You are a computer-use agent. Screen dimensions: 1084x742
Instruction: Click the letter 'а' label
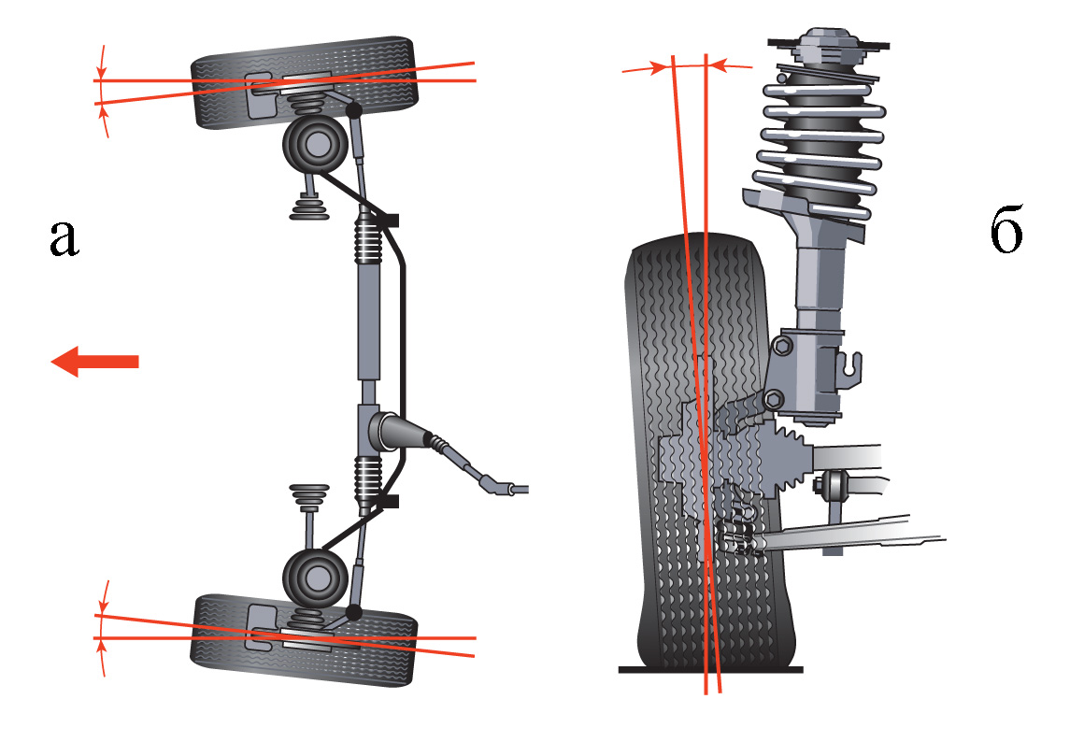[x=64, y=238]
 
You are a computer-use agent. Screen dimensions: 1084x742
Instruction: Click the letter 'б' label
[x=1006, y=229]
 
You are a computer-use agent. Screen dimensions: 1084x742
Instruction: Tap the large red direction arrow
[x=94, y=362]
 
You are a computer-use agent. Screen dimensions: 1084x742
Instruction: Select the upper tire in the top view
[x=305, y=82]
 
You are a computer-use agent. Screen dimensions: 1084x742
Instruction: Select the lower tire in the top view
[x=305, y=639]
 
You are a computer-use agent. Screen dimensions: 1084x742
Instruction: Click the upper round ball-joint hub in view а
[x=315, y=145]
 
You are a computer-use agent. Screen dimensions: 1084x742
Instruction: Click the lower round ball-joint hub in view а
[x=315, y=578]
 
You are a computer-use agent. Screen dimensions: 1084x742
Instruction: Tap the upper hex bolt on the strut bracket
[x=782, y=345]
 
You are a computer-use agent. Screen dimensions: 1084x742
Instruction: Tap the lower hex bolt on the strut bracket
[x=775, y=399]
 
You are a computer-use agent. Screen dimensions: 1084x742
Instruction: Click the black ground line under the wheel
[x=711, y=669]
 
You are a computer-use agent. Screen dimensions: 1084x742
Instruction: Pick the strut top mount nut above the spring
[x=827, y=43]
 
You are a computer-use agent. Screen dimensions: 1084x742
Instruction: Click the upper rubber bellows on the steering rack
[x=368, y=238]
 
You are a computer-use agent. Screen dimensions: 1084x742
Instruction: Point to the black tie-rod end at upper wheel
[x=354, y=109]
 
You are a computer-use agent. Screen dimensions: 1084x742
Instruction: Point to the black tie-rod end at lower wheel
[x=354, y=613]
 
